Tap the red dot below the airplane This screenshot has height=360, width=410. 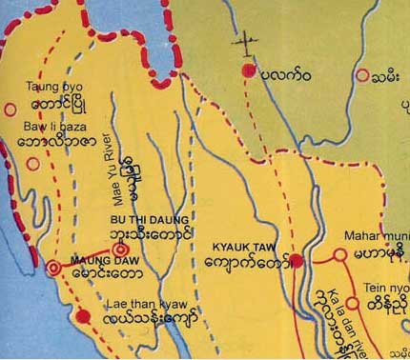point(250,70)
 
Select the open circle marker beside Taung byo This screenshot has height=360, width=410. point(11,109)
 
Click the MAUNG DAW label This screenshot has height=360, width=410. point(97,256)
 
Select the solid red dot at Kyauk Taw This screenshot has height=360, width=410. point(297,260)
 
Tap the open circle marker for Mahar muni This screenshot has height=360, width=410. point(338,255)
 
